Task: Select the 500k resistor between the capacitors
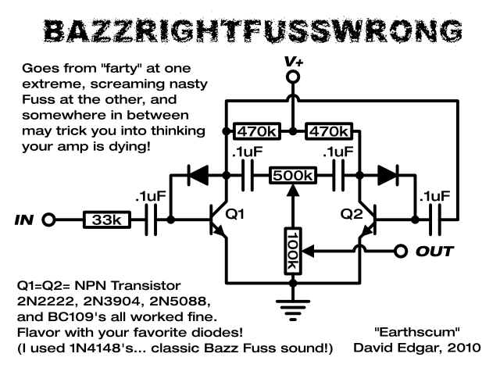(x=293, y=175)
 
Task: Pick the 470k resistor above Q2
(x=328, y=130)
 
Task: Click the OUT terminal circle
(x=402, y=251)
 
